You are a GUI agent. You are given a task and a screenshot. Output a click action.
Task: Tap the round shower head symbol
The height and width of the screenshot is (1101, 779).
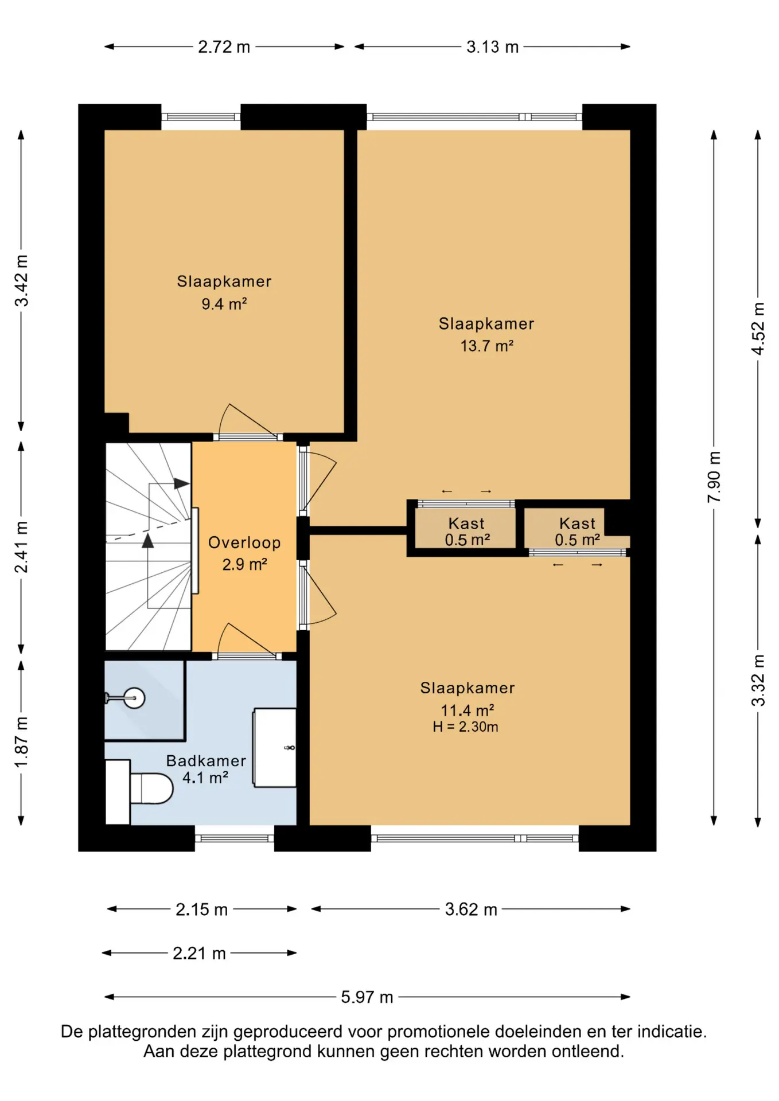tap(134, 698)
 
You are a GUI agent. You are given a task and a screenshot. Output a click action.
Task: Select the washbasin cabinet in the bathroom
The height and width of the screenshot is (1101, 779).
tap(275, 747)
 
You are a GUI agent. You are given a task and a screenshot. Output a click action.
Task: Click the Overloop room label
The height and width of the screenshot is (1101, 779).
tap(244, 542)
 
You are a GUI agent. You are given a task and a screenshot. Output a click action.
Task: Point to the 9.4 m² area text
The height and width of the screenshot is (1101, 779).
tap(224, 304)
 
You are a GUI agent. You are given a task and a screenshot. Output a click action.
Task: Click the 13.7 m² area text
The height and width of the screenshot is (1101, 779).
tap(486, 346)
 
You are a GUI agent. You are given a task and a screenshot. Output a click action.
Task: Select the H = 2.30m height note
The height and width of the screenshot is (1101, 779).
tap(465, 727)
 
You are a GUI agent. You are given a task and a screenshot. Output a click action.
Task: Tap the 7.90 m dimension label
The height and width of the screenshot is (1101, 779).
tap(714, 477)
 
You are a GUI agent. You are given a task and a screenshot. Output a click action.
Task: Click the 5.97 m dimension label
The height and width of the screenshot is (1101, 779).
tap(367, 997)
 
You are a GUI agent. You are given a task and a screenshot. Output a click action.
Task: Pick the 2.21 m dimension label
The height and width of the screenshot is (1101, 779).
tap(199, 953)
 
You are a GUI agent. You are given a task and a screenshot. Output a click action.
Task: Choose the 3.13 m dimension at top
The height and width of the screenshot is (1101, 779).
tap(492, 46)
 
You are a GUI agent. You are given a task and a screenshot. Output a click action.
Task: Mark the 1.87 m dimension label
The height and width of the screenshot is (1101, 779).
tap(21, 743)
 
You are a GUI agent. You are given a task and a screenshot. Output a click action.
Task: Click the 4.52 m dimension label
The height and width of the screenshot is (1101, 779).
tap(758, 329)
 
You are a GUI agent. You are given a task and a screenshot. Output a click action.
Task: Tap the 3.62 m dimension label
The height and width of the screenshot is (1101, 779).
tap(471, 909)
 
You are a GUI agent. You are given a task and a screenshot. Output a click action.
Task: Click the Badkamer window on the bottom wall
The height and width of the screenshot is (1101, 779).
tap(235, 838)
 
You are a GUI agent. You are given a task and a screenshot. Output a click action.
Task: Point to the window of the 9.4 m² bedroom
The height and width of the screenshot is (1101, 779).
tap(201, 117)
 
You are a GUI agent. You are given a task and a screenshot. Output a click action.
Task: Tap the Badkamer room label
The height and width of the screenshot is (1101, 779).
tap(206, 761)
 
